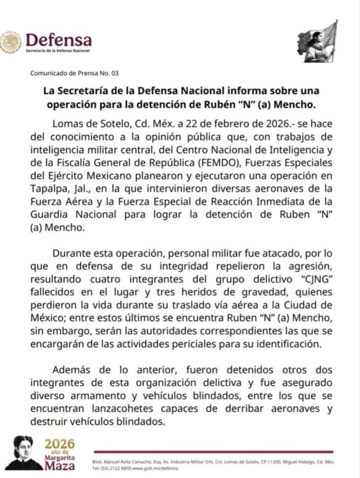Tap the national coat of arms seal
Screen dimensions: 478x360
11,43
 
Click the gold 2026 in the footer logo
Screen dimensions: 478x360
59,444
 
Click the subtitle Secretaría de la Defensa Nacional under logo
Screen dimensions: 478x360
58,50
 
